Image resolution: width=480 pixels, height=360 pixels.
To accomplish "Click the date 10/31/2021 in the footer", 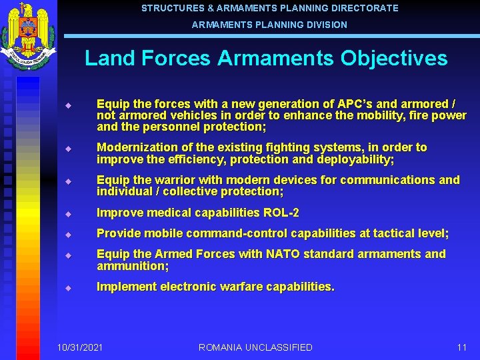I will pos(80,347).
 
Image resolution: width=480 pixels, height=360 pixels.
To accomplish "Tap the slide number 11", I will pos(461,347).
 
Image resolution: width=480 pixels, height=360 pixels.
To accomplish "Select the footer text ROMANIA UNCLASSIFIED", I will pos(255,347).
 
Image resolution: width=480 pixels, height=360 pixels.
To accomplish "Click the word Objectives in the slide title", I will pos(393,58).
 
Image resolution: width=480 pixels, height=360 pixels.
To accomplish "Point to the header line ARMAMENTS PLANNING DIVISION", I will pos(269,25).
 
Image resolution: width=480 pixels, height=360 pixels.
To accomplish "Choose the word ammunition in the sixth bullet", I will pos(131,266).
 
